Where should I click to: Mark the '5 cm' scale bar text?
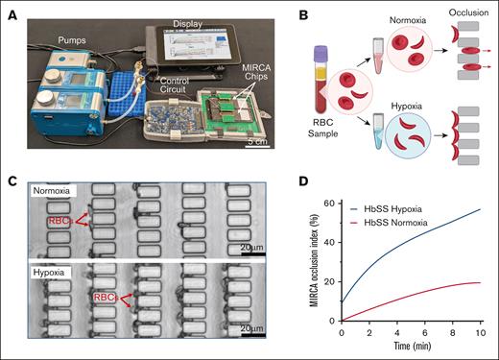click(x=258, y=141)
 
